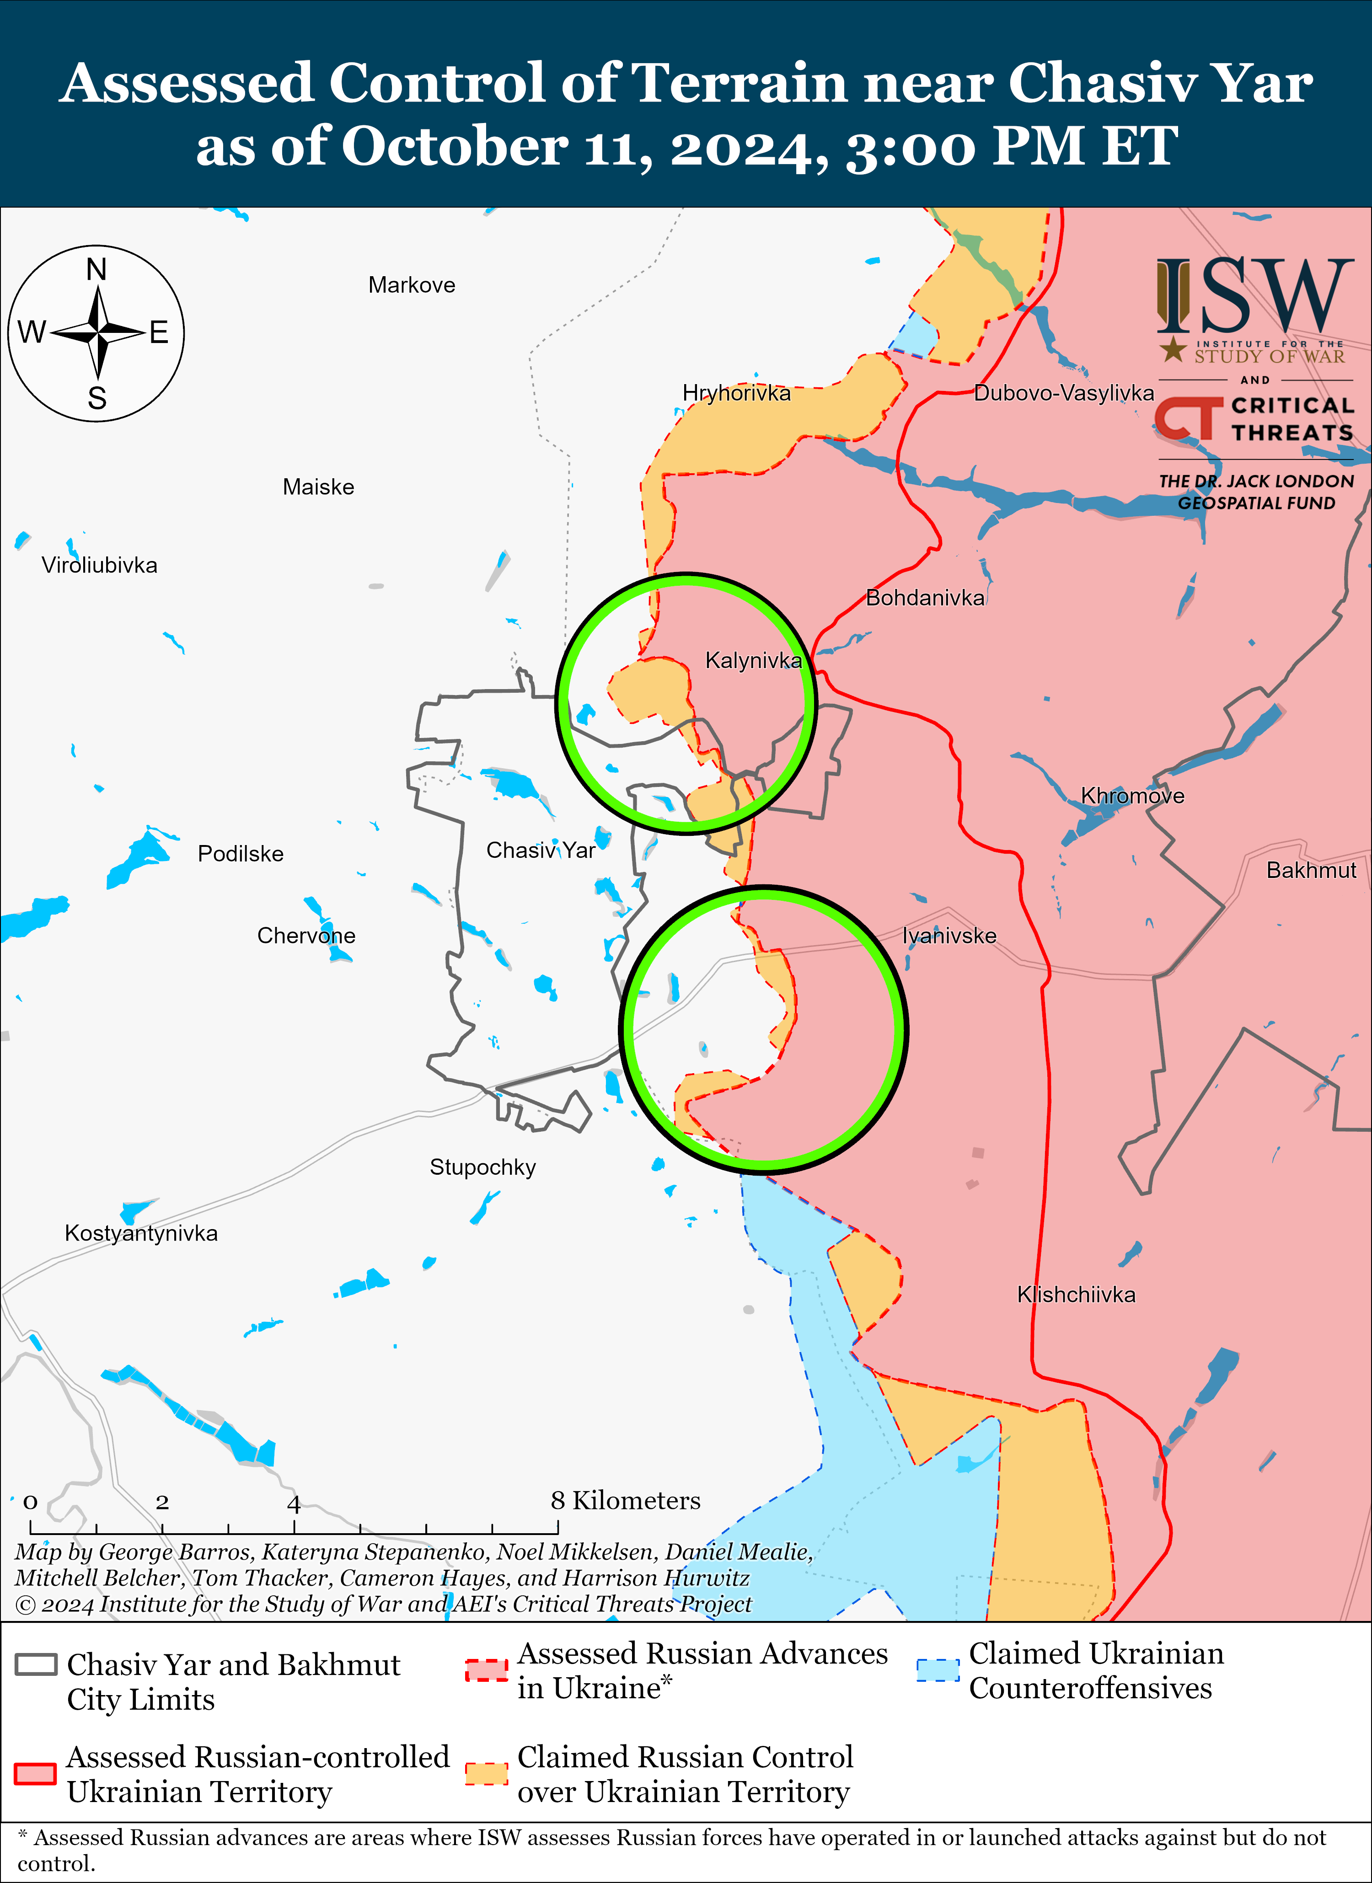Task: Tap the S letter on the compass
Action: (97, 399)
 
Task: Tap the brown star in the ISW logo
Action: (1173, 349)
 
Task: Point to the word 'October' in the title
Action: (454, 146)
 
